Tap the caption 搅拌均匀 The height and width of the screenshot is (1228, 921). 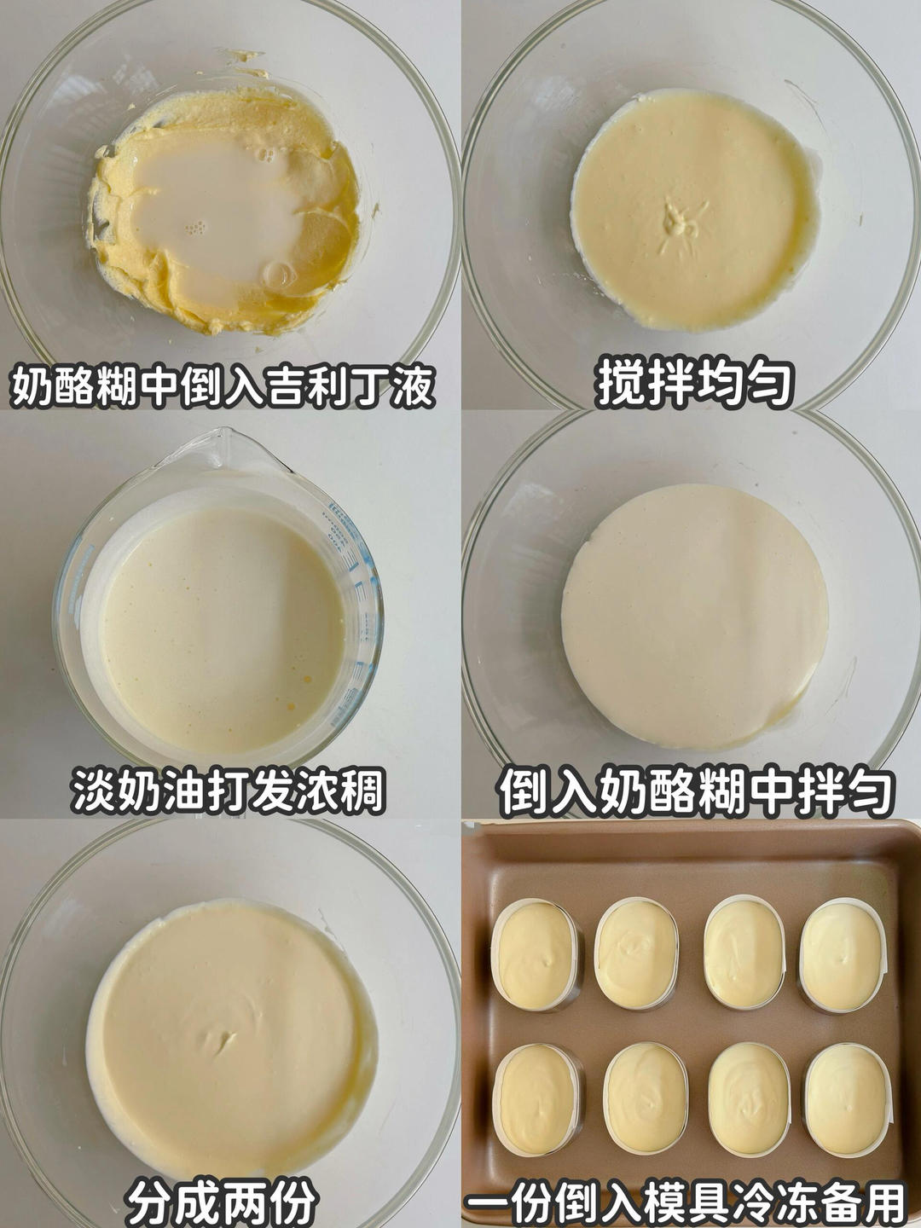(x=695, y=385)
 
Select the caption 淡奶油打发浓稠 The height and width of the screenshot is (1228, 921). (x=229, y=791)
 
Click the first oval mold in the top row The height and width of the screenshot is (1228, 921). (x=536, y=954)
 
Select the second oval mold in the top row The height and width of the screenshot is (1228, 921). (x=637, y=953)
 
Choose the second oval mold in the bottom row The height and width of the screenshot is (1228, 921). (x=646, y=1098)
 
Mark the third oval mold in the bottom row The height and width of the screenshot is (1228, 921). (x=749, y=1098)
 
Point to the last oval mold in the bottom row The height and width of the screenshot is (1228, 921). (x=848, y=1098)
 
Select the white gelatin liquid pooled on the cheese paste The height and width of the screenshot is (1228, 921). (x=213, y=213)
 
